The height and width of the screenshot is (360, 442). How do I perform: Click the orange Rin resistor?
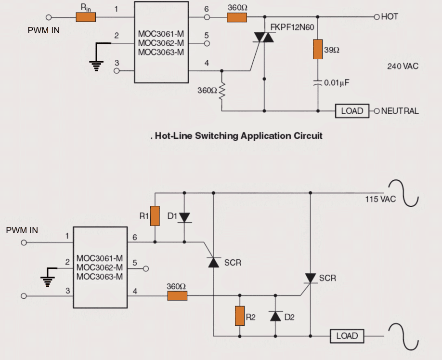[x=86, y=17]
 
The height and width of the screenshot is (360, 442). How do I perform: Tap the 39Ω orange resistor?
[x=317, y=49]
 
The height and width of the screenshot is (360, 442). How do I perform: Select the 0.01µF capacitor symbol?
[x=317, y=82]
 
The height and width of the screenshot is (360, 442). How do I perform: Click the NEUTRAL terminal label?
[x=400, y=111]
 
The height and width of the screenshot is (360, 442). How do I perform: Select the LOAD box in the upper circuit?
[x=352, y=111]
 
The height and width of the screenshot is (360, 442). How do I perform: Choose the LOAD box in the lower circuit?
[x=347, y=336]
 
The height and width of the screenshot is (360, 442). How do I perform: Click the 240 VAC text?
[x=403, y=67]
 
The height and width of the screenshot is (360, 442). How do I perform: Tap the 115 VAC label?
[x=380, y=199]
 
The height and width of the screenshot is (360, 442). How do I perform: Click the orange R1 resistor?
[x=155, y=216]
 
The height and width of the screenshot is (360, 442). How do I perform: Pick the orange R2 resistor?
[x=239, y=316]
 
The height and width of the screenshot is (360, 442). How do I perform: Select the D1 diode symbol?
[x=184, y=217]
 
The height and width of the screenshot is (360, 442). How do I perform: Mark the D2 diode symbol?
[x=275, y=316]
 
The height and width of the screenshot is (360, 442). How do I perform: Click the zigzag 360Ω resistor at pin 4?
[x=222, y=91]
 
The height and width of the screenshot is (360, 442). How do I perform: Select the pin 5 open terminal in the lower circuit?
[x=146, y=268]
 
